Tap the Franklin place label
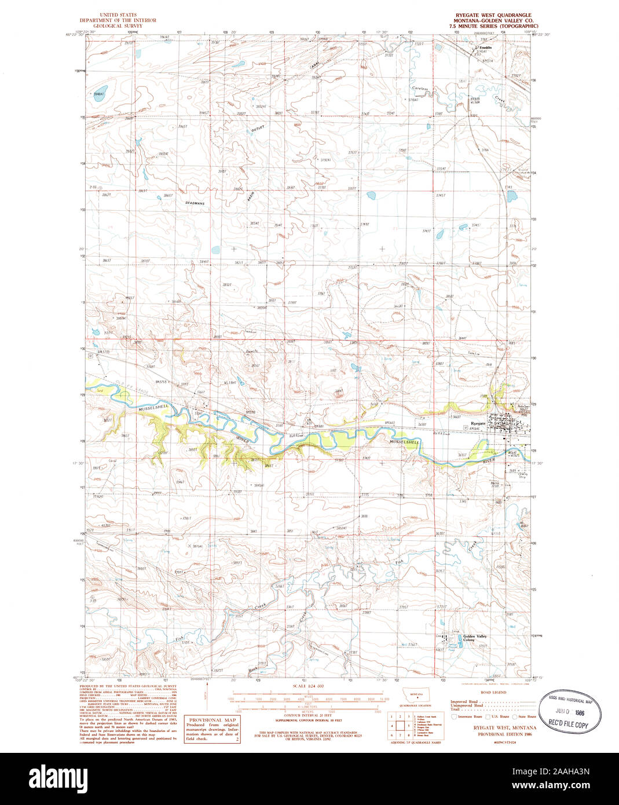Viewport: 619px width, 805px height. (485, 47)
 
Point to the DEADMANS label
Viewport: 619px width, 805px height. (195, 203)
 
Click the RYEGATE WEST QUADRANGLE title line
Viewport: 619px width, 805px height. (493, 14)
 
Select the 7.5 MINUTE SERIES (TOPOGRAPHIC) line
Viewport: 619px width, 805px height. (497, 26)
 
